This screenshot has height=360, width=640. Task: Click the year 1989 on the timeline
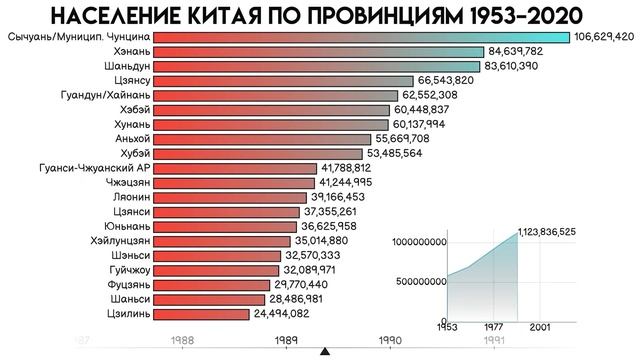pos(287,340)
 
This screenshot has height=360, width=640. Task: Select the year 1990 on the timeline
pos(390,340)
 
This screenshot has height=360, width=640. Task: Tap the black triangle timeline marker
pos(323,352)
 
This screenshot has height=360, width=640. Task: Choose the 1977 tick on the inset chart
pos(494,327)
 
